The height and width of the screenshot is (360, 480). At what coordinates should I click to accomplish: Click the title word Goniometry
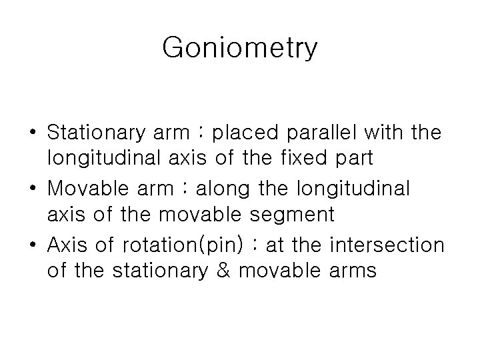click(x=240, y=49)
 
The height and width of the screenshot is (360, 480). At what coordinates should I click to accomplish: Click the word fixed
click(x=309, y=160)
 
